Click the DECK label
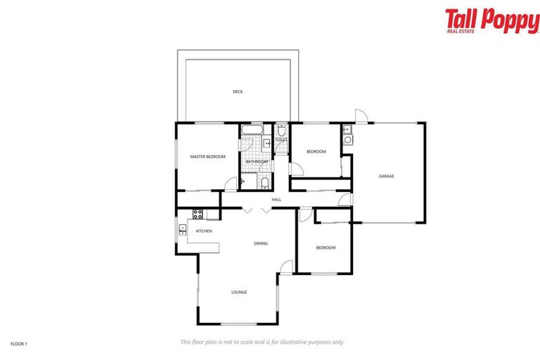[238, 92]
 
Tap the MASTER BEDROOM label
[207, 156]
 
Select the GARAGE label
[386, 176]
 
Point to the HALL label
[276, 200]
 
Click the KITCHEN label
[204, 231]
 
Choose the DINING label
[261, 243]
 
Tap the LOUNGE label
[239, 292]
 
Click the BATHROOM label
[257, 162]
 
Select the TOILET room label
[281, 140]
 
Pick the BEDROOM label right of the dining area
[326, 247]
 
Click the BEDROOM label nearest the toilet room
[316, 151]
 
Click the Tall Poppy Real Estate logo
[491, 21]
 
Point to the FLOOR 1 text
[19, 344]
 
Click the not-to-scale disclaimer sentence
[262, 342]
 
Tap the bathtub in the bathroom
[251, 130]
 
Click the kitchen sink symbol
[182, 229]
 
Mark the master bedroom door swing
[231, 184]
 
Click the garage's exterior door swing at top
[360, 116]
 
